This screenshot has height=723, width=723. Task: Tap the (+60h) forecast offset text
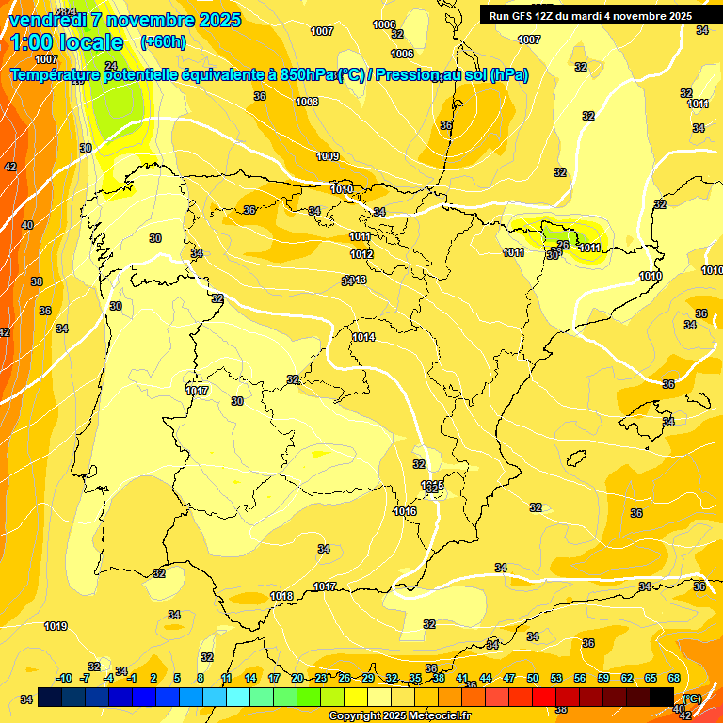[x=163, y=42]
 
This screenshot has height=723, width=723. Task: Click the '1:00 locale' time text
[x=67, y=42]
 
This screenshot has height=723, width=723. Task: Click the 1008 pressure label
[x=307, y=102]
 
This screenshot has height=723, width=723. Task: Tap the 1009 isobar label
[x=328, y=156]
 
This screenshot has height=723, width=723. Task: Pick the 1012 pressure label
[x=361, y=254]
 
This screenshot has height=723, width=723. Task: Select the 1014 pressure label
[x=363, y=337]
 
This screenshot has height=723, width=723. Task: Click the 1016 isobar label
[x=405, y=511]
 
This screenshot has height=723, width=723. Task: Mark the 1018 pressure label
[x=281, y=596]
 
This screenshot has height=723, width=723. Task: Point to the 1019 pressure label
[x=56, y=626]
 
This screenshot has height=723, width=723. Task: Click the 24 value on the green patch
[x=111, y=65]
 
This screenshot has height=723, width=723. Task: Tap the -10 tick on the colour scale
[x=64, y=678]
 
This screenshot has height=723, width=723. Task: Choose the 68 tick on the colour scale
[x=674, y=678]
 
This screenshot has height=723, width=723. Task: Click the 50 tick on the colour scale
[x=533, y=678]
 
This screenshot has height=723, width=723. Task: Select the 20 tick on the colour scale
[x=297, y=678]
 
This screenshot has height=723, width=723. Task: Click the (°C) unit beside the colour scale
[x=692, y=698]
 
